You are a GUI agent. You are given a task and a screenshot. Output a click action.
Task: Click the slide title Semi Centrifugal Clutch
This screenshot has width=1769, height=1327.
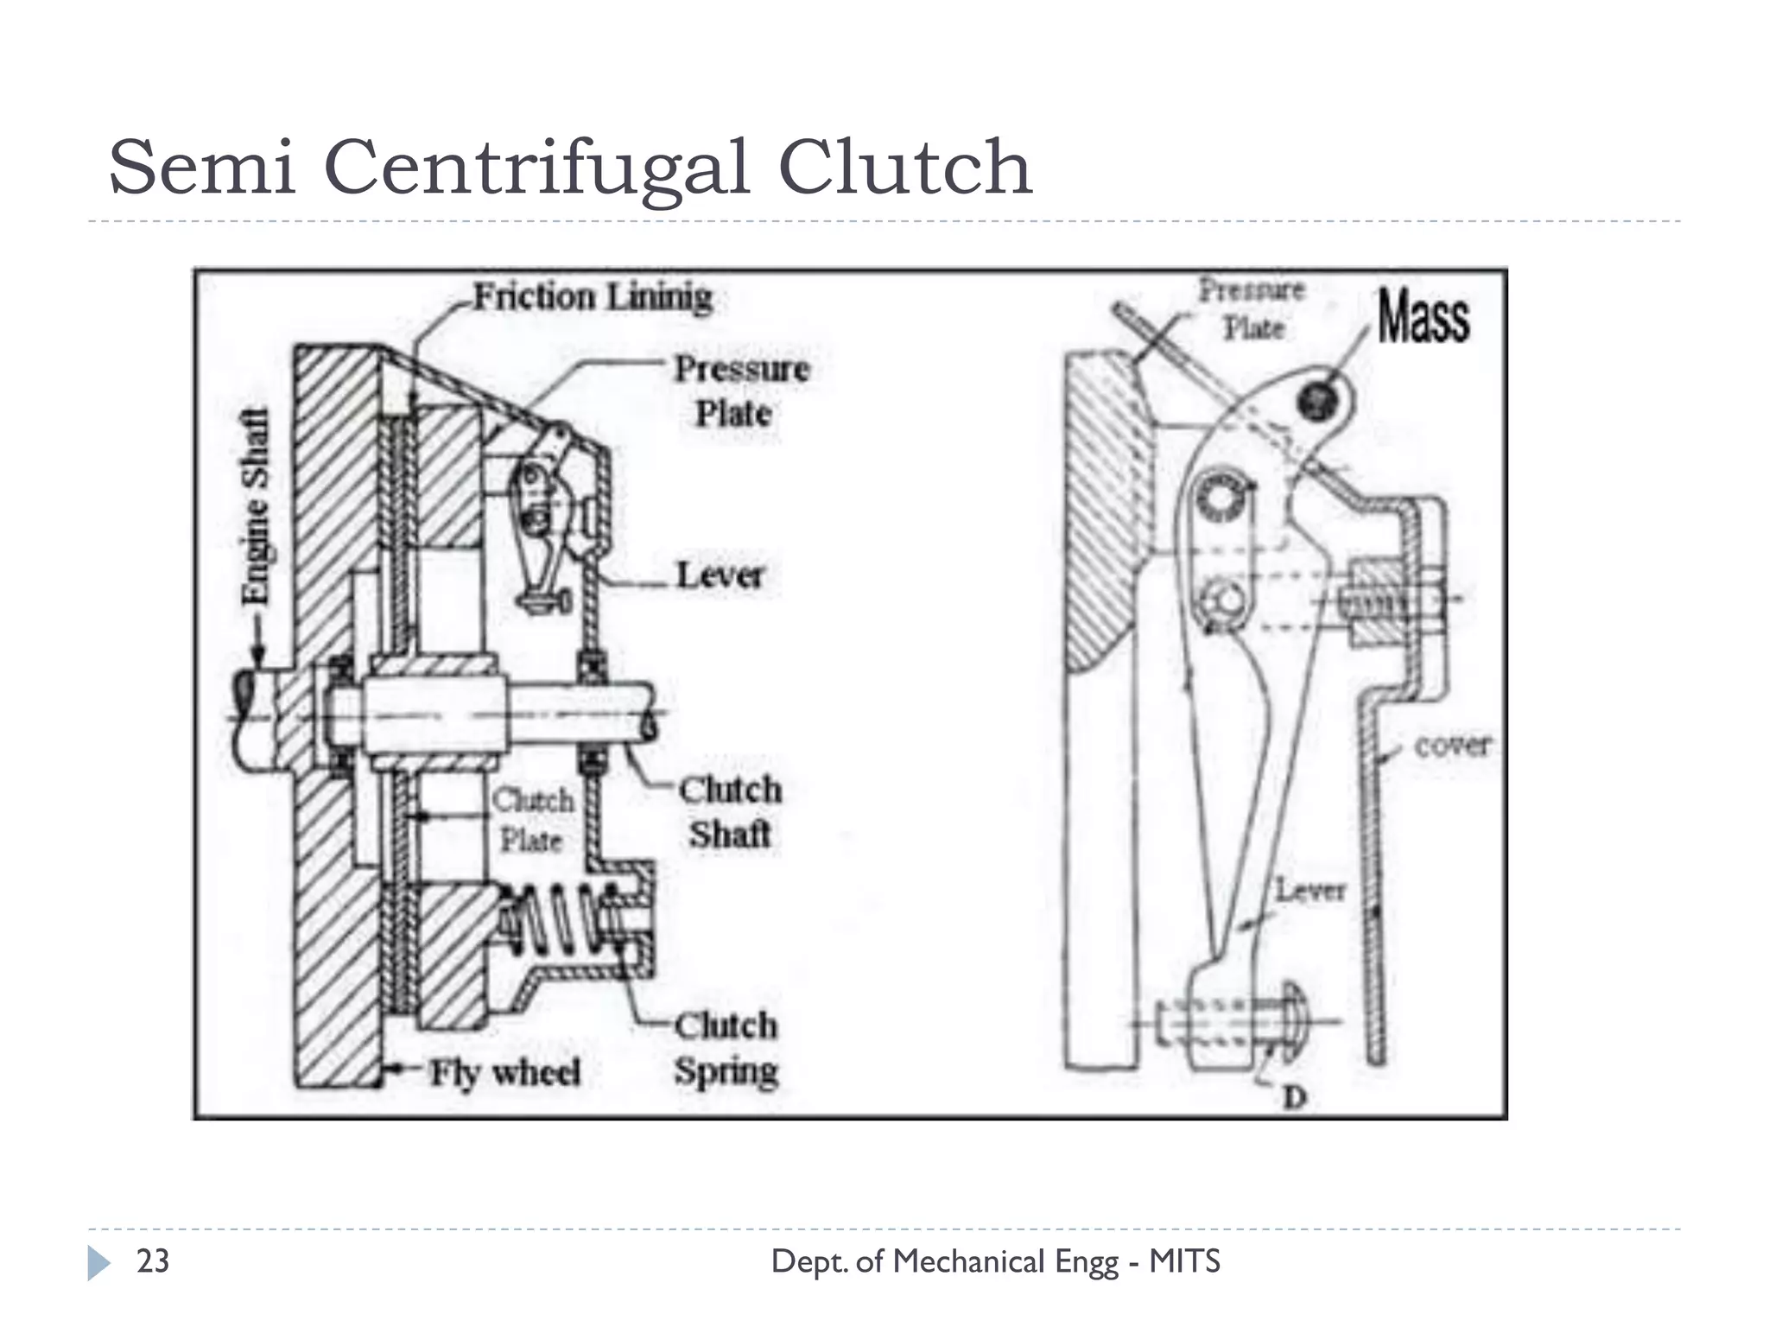(x=570, y=168)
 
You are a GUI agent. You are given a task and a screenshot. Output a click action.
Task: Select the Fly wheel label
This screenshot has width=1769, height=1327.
(x=505, y=1072)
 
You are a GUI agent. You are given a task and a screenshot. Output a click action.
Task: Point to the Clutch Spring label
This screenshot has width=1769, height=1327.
(x=726, y=1048)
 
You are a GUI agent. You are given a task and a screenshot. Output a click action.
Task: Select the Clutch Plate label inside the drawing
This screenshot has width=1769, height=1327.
(x=532, y=819)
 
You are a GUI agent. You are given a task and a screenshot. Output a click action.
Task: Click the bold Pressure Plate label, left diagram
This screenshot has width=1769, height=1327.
(x=741, y=390)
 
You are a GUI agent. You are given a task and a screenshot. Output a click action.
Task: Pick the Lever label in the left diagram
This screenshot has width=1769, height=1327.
(x=720, y=575)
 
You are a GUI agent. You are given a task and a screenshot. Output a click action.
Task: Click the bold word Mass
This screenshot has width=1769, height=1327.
(x=1423, y=317)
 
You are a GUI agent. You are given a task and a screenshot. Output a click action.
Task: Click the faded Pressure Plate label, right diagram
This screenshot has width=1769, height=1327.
(x=1252, y=308)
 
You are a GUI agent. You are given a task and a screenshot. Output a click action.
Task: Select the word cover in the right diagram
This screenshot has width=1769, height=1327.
(x=1452, y=745)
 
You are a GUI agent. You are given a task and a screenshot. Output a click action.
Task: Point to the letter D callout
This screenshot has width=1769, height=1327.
(x=1294, y=1097)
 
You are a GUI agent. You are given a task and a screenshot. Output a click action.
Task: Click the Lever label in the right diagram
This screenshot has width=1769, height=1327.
(x=1310, y=891)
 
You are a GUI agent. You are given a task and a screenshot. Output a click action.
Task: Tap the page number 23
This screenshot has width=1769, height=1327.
(x=153, y=1261)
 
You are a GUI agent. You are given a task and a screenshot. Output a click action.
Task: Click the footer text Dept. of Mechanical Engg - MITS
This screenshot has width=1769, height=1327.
(x=995, y=1261)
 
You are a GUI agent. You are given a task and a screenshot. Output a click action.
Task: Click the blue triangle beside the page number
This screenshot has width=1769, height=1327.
(x=98, y=1263)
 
